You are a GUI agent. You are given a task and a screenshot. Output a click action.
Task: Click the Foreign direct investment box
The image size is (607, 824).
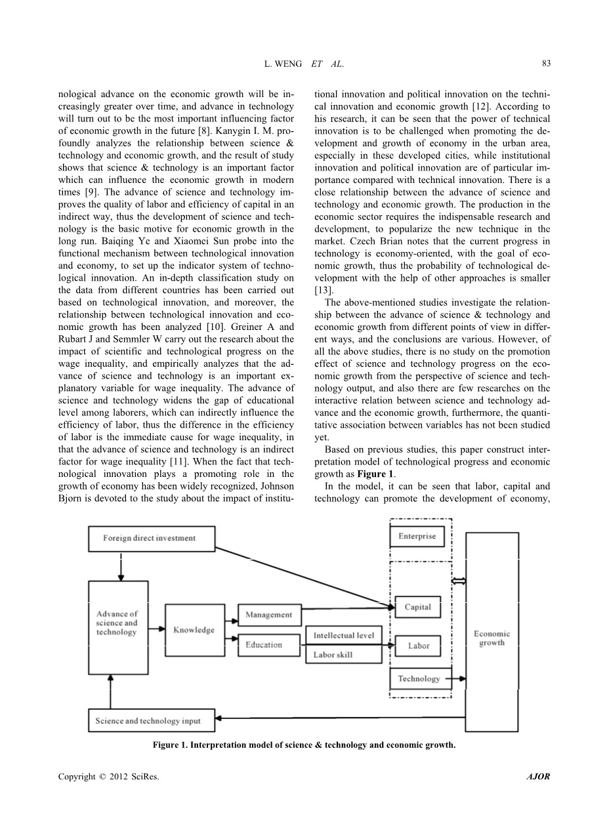pyautogui.click(x=152, y=539)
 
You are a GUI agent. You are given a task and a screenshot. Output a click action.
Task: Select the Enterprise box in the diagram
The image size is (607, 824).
pyautogui.click(x=417, y=537)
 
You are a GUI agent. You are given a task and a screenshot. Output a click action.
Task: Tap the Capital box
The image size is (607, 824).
pyautogui.click(x=417, y=608)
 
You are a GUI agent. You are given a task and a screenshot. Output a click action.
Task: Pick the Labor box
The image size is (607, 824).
pyautogui.click(x=417, y=646)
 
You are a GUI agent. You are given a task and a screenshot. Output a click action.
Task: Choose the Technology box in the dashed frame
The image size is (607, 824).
pyautogui.click(x=419, y=678)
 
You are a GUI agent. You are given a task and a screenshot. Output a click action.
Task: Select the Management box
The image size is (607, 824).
pyautogui.click(x=268, y=615)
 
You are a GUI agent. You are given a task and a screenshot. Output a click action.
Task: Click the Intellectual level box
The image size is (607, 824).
pyautogui.click(x=343, y=635)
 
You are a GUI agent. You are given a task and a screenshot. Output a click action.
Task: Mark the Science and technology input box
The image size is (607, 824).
pyautogui.click(x=152, y=720)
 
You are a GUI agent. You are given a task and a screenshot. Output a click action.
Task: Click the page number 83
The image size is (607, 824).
pyautogui.click(x=546, y=64)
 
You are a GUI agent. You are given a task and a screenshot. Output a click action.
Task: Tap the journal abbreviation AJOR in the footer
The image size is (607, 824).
pyautogui.click(x=538, y=777)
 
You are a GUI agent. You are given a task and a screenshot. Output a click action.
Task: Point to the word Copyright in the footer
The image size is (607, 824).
pyautogui.click(x=76, y=777)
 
